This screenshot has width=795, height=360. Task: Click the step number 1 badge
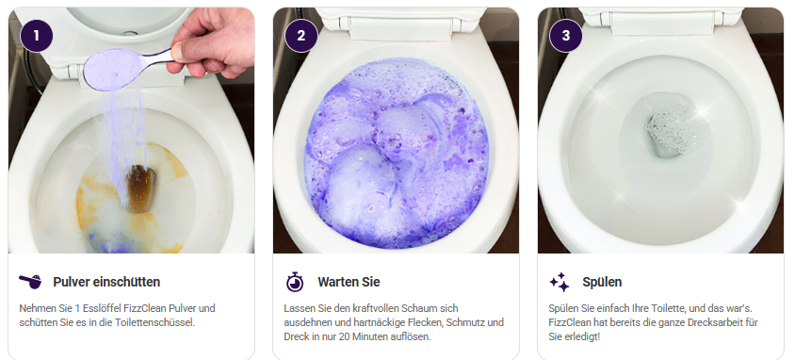(37, 36)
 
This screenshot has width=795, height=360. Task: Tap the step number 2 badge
(301, 36)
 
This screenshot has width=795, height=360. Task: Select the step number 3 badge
(566, 36)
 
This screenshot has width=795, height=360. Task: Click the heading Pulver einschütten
(106, 282)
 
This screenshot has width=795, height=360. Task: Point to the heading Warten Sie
(349, 282)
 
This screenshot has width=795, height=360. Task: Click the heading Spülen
(602, 282)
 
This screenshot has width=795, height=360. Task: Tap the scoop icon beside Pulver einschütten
(30, 282)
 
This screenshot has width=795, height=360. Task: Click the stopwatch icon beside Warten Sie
(295, 282)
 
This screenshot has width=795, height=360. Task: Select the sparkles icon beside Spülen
(560, 282)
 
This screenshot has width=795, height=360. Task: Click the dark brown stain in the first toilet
(140, 188)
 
